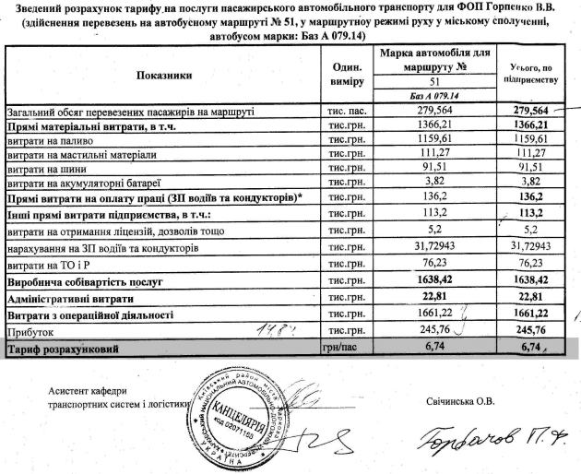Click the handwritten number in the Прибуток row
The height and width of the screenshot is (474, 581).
coord(267,329)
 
